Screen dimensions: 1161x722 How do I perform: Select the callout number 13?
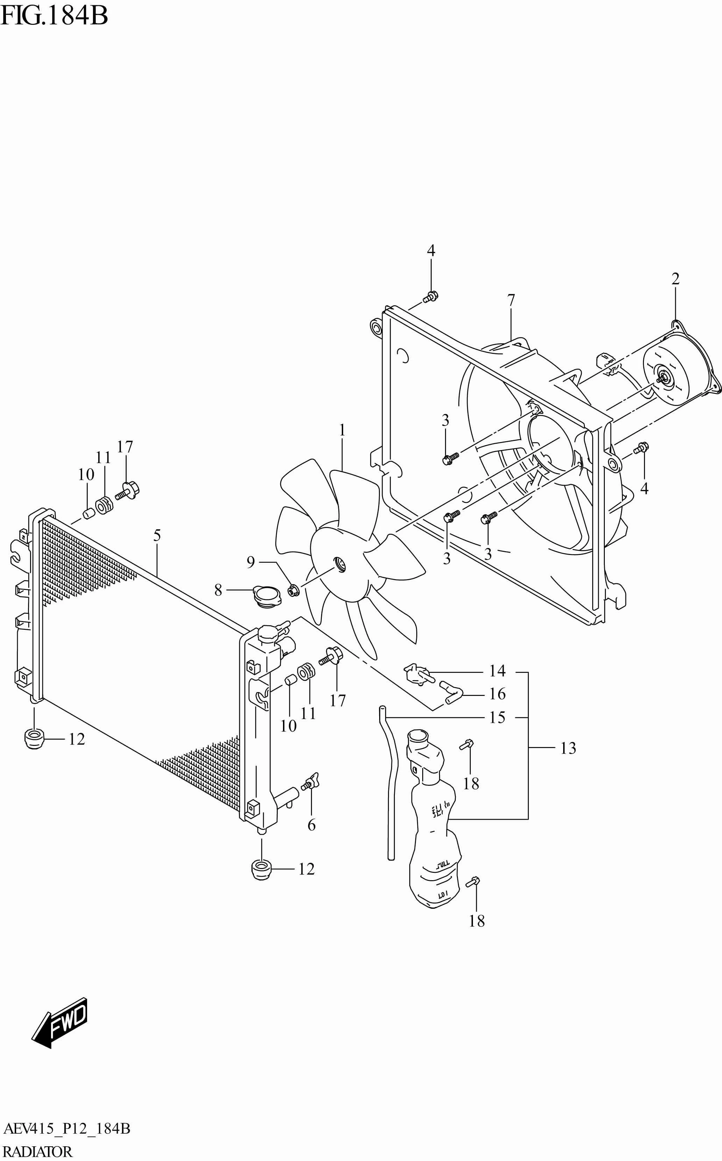point(568,748)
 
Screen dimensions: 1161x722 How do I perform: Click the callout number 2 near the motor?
point(675,279)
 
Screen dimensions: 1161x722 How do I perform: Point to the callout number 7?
point(511,300)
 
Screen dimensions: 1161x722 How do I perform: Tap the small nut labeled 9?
point(293,591)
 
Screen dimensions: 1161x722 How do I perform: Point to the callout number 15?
point(497,717)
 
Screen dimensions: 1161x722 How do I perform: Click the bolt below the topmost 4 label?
point(431,297)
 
